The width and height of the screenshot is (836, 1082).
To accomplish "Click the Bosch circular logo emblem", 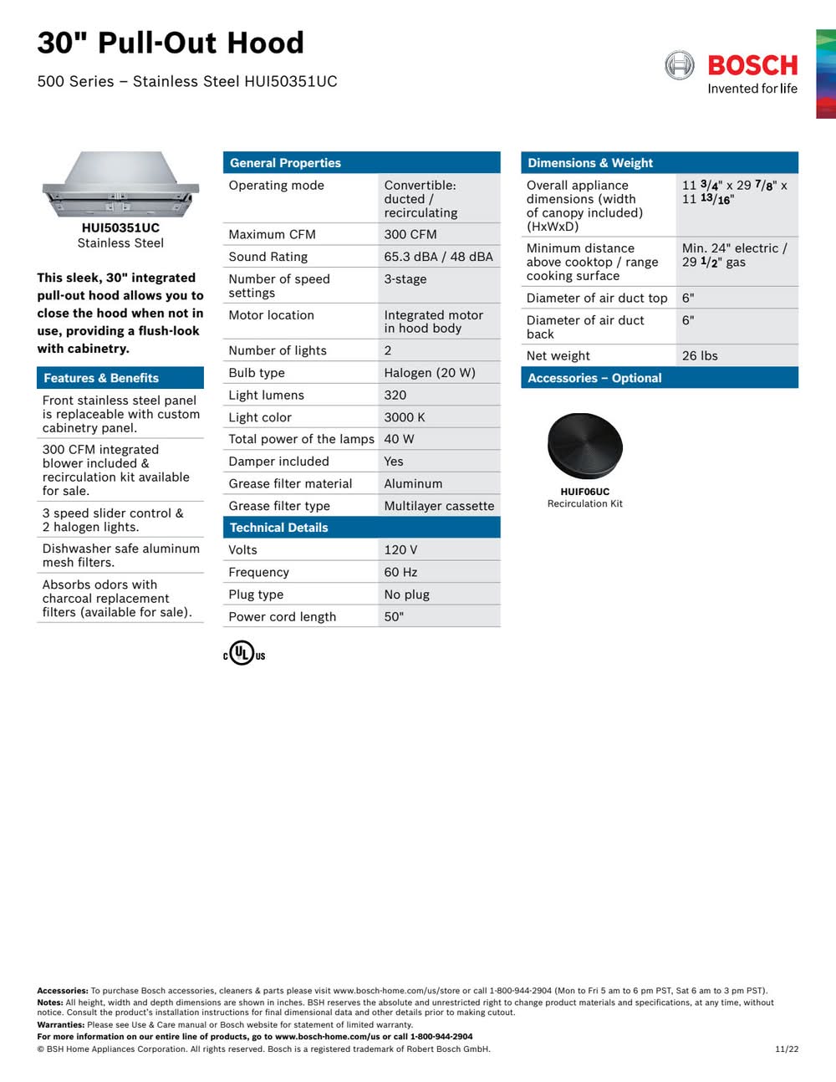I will click(x=679, y=65).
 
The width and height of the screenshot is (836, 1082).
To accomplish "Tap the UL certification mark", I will click(x=243, y=653).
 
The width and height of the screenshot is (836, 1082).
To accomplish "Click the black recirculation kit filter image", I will click(x=584, y=445).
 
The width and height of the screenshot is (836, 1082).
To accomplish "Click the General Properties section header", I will click(x=285, y=163).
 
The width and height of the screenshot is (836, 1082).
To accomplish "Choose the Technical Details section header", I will click(x=278, y=528).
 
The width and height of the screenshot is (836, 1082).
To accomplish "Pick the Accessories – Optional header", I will click(x=594, y=378).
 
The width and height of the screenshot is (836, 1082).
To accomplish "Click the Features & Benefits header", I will click(x=101, y=378).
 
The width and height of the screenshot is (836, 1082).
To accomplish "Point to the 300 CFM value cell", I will click(x=410, y=234).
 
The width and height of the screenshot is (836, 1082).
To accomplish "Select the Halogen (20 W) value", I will click(x=430, y=373).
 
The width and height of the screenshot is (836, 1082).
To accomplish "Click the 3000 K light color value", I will click(x=405, y=417).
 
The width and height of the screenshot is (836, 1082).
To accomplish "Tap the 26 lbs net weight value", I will click(x=700, y=355).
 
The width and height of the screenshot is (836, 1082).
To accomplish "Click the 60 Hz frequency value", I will click(x=400, y=572).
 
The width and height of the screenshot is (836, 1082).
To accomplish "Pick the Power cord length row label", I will click(x=283, y=617).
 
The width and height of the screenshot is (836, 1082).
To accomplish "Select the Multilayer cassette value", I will click(x=439, y=506).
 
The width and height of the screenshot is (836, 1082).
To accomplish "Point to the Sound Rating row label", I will click(x=268, y=257).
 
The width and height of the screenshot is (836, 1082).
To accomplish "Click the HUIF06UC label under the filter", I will click(x=584, y=492).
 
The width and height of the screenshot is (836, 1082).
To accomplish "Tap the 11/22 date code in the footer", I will click(x=787, y=1049).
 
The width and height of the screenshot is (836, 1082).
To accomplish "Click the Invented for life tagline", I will click(x=752, y=89).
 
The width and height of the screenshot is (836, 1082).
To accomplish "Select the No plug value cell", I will click(x=407, y=595).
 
